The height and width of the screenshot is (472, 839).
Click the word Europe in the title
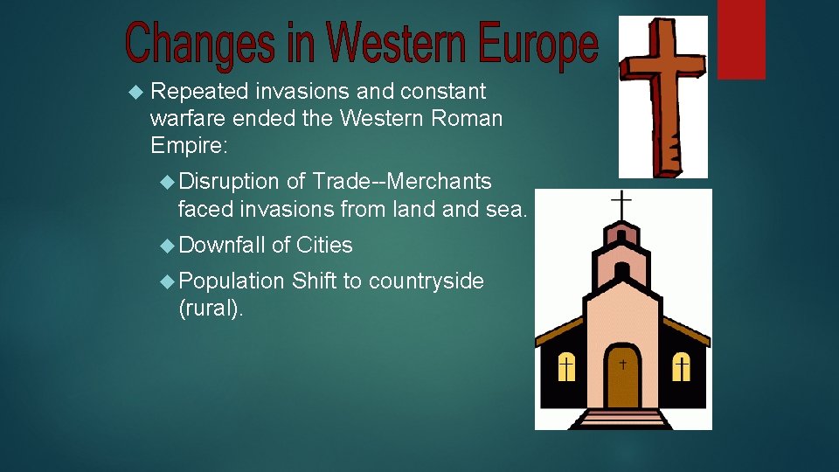tap(538, 44)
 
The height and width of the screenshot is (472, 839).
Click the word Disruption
tap(229, 182)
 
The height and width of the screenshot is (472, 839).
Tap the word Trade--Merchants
tap(402, 182)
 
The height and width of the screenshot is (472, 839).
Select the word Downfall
tap(222, 246)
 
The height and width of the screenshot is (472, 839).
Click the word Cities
tap(324, 246)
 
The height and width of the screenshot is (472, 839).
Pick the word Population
tap(232, 281)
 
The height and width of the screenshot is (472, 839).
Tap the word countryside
tap(426, 281)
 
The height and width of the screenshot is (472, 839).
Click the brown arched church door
tap(623, 376)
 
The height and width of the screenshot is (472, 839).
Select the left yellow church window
tap(566, 367)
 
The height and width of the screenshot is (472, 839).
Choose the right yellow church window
tap(681, 367)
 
